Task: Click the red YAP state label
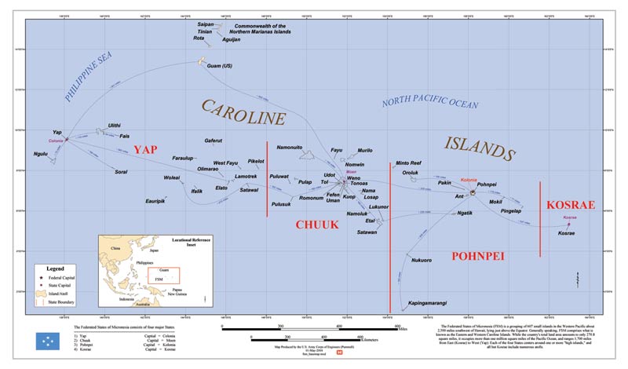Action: click(x=152, y=150)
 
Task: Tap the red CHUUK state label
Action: click(x=316, y=225)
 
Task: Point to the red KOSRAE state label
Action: click(x=571, y=205)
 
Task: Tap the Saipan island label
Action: click(x=205, y=24)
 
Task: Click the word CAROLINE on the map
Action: click(x=243, y=113)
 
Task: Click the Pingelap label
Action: click(x=511, y=211)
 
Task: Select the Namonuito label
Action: click(x=290, y=147)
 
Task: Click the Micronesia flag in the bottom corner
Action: click(x=49, y=341)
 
